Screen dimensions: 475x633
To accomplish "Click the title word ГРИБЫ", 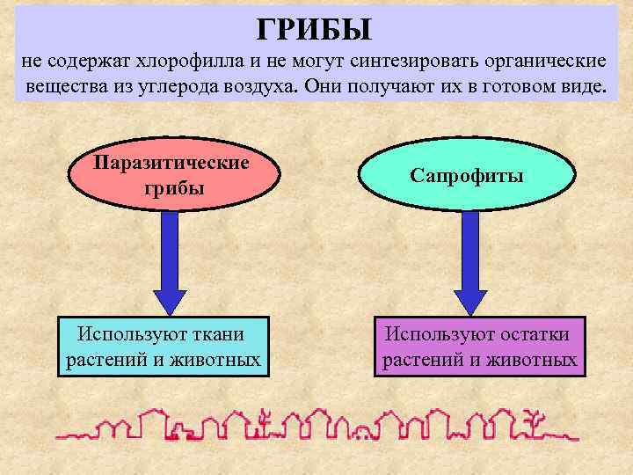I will coord(315,28).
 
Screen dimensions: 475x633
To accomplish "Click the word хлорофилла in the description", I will coord(179,63).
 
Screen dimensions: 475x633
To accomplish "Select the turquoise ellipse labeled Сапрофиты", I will coord(466,175).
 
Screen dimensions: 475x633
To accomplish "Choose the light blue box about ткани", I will coord(163,346).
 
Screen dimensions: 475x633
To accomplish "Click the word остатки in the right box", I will coord(527,334).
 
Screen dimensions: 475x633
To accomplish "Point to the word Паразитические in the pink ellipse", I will coord(171,163).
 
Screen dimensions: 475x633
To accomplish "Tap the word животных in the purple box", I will coord(537,360).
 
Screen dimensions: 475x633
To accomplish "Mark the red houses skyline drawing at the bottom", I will coord(316,425).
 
